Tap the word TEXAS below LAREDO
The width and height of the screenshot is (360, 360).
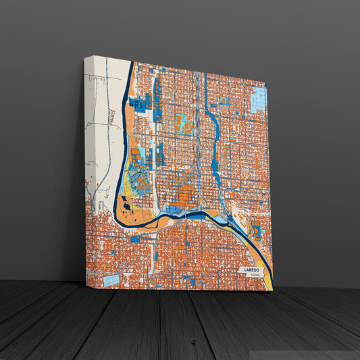pyautogui.click(x=254, y=276)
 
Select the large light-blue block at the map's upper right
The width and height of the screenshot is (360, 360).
pyautogui.click(x=259, y=100)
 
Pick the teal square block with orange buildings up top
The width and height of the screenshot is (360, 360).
pyautogui.click(x=182, y=123)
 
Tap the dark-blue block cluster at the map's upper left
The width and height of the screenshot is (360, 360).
pyautogui.click(x=140, y=103)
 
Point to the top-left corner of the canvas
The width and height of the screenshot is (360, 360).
pyautogui.click(x=85, y=58)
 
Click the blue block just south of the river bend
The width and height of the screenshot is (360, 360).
pyautogui.click(x=135, y=238)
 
